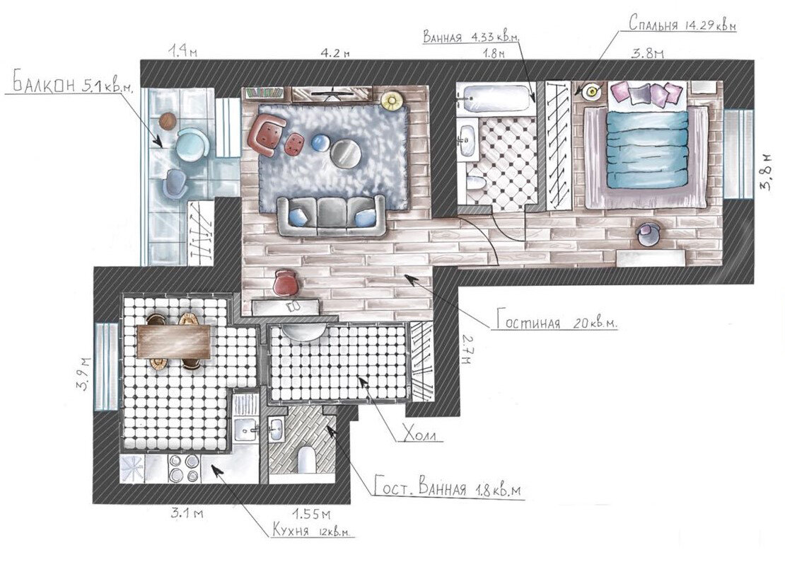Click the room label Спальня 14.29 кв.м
683,24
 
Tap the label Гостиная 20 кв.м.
557,321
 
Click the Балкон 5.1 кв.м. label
73,85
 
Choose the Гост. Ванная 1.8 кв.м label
448,488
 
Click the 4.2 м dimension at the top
335,52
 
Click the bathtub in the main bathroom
496,99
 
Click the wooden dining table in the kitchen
174,341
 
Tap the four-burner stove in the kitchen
182,468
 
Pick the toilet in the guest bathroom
306,459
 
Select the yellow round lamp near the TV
392,100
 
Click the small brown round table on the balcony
167,121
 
